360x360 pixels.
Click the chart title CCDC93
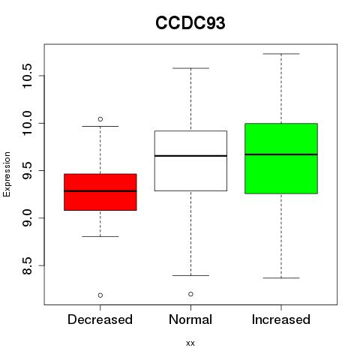click(190, 23)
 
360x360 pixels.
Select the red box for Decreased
click(100, 192)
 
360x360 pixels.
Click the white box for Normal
click(190, 160)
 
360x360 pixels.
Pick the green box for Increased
click(281, 158)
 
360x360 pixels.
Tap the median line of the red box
click(100, 191)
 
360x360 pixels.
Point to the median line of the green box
click(281, 154)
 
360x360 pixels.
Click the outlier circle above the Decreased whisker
click(100, 119)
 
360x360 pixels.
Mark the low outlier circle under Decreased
click(100, 295)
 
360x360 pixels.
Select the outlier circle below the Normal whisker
click(190, 294)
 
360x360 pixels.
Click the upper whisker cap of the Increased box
click(281, 54)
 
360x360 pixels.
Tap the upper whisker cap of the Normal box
click(190, 68)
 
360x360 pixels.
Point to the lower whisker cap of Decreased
click(100, 236)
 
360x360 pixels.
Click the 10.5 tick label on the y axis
click(27, 76)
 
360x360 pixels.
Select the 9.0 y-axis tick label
click(27, 218)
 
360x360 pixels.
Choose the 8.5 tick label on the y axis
click(27, 265)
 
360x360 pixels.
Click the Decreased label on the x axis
click(100, 319)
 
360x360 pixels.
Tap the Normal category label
click(190, 319)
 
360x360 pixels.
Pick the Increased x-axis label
click(281, 319)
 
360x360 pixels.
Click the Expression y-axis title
click(7, 174)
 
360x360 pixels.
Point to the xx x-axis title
click(190, 343)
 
